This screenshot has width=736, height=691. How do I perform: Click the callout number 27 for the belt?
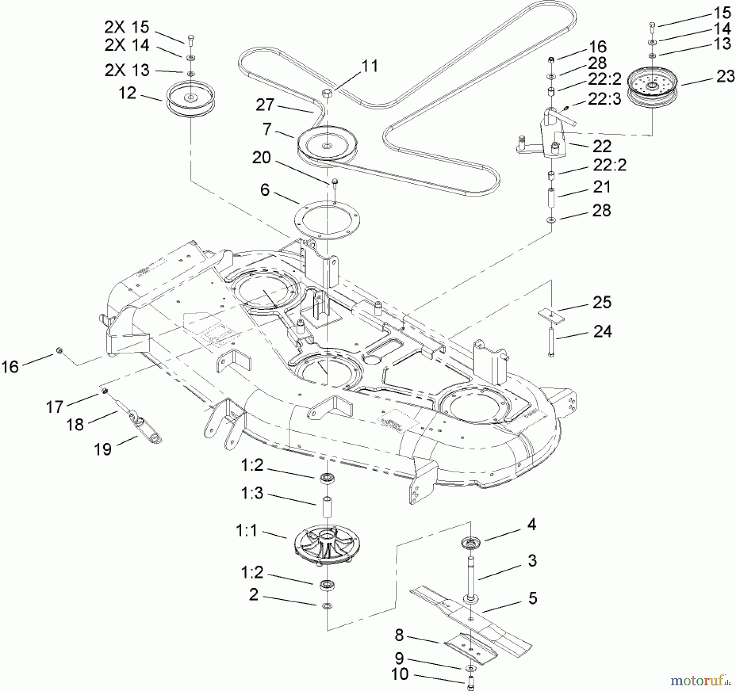(265, 105)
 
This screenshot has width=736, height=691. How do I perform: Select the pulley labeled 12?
(190, 102)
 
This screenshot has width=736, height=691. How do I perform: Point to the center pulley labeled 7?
(327, 145)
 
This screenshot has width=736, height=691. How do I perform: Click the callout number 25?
(602, 302)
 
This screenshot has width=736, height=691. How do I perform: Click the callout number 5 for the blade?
(532, 598)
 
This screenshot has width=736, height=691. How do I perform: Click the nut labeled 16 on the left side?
(59, 350)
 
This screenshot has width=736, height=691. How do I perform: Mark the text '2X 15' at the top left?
(127, 27)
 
